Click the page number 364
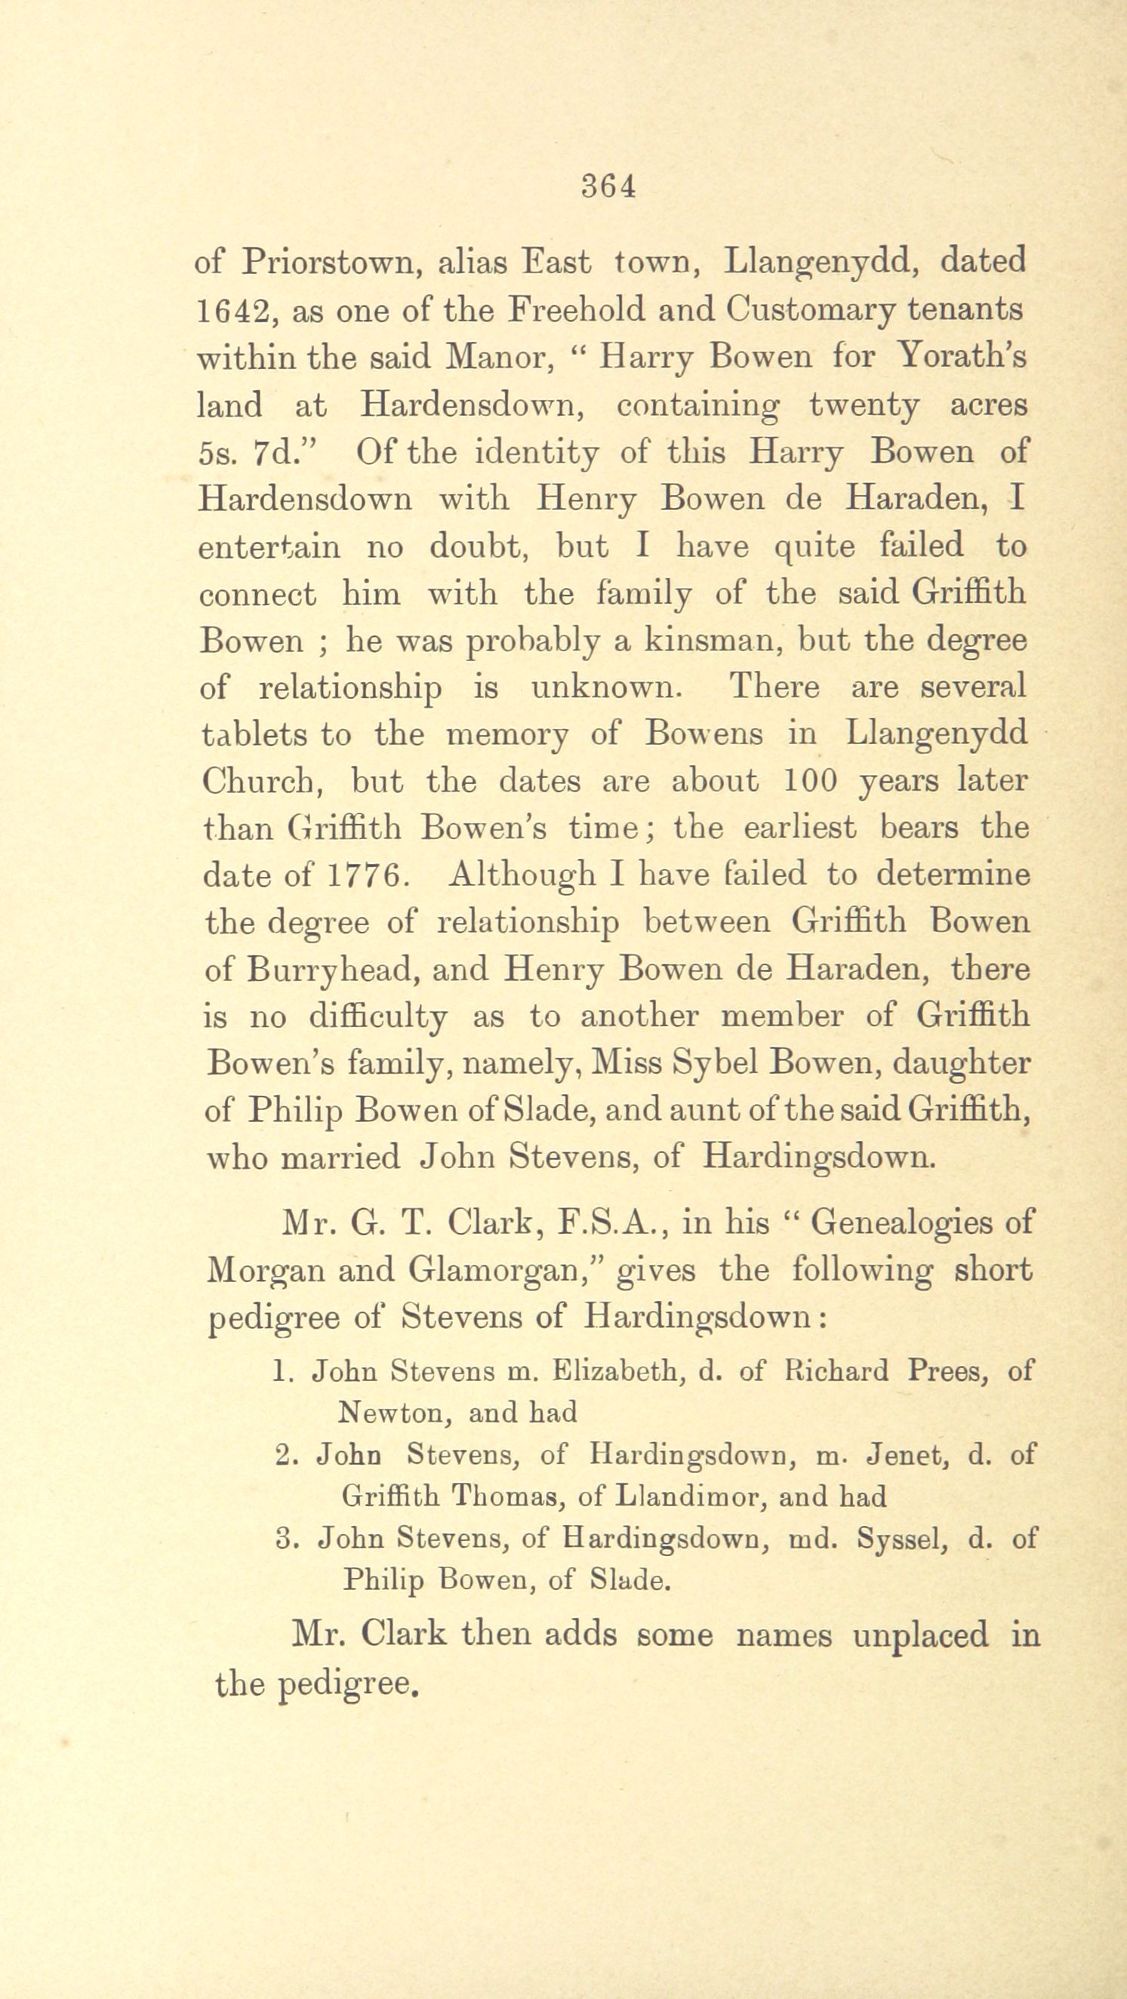[609, 186]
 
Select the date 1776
[364, 875]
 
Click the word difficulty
[378, 1017]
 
